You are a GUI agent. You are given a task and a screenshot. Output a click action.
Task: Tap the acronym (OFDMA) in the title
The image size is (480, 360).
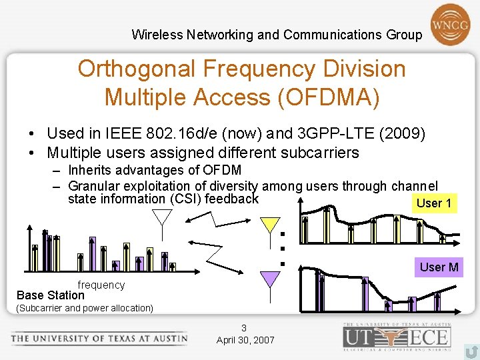[x=330, y=97]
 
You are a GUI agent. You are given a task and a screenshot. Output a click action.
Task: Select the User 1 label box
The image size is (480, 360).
[x=434, y=203]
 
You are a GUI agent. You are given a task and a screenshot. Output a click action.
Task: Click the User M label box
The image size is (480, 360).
[x=439, y=267]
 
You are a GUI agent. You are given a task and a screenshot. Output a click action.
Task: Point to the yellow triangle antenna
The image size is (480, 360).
[x=270, y=225]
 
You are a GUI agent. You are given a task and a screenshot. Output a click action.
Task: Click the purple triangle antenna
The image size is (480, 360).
[x=269, y=279]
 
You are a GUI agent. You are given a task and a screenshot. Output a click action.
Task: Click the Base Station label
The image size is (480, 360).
[x=51, y=295]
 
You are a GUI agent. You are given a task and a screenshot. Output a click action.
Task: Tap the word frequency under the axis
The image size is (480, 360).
[x=101, y=285]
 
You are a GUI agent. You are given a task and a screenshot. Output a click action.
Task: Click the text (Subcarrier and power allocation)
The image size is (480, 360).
[x=85, y=308]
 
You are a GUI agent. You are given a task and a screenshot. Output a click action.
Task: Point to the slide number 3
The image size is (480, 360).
[x=244, y=328]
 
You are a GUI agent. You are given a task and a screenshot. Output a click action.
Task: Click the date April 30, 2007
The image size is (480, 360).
[x=245, y=340]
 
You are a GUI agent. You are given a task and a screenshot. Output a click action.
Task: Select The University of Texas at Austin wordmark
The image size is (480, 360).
[x=99, y=338]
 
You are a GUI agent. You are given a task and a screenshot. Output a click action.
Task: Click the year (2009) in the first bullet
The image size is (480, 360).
[x=401, y=134]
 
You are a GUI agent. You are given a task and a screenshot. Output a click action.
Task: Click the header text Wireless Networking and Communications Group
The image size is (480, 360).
[x=277, y=35]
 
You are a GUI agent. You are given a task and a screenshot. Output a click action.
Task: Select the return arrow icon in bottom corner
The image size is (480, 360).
[x=471, y=350]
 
